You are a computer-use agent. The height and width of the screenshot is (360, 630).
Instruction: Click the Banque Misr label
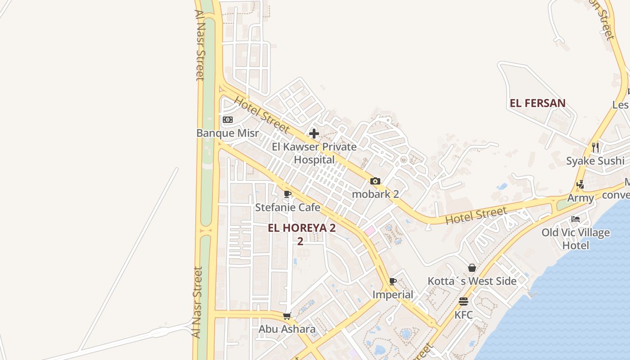(x=228, y=133)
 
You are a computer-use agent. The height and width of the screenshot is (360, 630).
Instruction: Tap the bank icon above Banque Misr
(x=228, y=120)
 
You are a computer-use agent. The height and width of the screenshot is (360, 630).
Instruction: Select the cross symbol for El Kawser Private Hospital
(x=314, y=134)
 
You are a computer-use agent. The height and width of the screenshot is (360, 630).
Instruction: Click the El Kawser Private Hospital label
(x=314, y=153)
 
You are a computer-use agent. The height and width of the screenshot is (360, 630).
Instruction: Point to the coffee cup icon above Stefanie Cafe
(x=288, y=194)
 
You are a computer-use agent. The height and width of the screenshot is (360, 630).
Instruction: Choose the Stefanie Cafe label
(x=288, y=207)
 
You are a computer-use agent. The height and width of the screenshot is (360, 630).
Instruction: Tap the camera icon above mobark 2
(x=375, y=181)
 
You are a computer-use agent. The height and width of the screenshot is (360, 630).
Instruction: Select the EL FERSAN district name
(x=537, y=103)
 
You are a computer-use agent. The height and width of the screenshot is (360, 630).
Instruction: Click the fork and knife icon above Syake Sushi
(x=595, y=148)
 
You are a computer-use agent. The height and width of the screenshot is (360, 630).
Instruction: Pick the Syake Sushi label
(x=595, y=161)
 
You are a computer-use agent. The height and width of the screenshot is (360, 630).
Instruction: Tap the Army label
(x=580, y=198)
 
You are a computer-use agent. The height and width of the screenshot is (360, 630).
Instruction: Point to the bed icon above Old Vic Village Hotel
(x=576, y=220)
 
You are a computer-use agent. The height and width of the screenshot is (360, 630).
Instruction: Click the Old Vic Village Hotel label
(x=576, y=238)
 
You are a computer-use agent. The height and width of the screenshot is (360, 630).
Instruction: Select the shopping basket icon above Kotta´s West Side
(x=472, y=268)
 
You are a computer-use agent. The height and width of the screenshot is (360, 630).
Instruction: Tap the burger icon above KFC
(x=463, y=301)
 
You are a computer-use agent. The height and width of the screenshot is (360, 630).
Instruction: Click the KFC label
(x=463, y=315)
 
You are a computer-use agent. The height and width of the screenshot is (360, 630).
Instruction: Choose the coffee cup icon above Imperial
(x=393, y=282)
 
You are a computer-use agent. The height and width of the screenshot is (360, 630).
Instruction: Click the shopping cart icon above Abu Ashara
(x=287, y=316)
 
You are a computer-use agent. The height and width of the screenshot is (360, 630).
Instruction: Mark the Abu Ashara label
(x=287, y=329)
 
